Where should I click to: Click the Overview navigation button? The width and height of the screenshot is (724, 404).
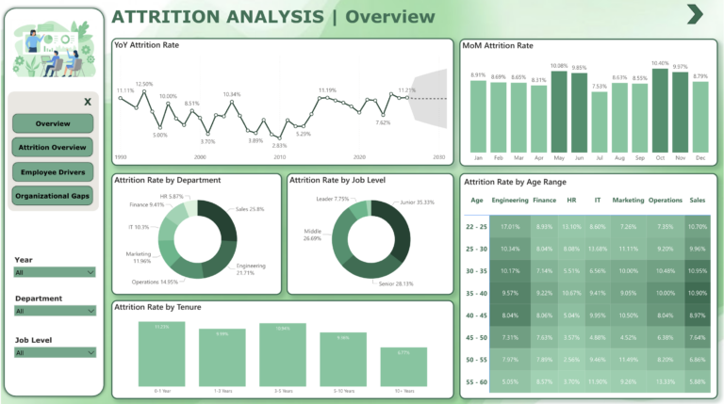coord(53,123)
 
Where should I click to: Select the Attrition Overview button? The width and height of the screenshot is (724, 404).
coord(53,148)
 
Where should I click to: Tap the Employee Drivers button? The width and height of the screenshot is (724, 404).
coord(53,172)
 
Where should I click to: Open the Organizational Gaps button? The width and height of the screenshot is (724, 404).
coord(53,196)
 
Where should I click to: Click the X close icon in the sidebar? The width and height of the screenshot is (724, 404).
coord(87,102)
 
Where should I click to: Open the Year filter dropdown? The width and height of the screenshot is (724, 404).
coord(55,272)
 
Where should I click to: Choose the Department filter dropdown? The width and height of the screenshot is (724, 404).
coord(55,310)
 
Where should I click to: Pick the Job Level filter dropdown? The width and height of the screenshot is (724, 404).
coord(55,352)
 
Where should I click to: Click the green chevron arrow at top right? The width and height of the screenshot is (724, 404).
coord(695,14)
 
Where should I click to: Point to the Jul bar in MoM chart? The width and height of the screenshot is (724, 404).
coord(600,121)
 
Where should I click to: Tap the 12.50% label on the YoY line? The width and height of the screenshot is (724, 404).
coord(144,84)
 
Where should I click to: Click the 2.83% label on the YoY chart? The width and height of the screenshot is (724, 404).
coord(279,146)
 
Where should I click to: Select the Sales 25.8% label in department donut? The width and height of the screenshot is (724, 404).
coord(249,209)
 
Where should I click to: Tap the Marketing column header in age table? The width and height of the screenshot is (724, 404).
coord(628,200)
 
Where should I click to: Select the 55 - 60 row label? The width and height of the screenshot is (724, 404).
coord(476,381)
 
